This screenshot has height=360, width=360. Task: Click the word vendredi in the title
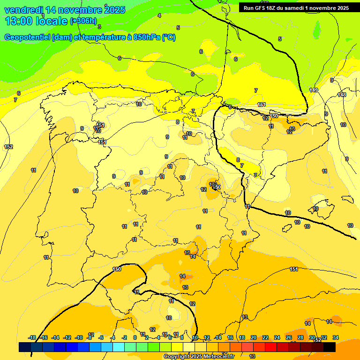[24, 10]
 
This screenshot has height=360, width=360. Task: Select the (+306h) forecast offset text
[83, 21]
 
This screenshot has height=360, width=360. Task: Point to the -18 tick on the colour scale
[32, 337]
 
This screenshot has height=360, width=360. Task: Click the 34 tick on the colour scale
[336, 337]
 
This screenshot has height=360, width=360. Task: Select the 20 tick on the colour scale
[254, 337]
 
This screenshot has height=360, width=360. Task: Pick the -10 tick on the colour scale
[79, 337]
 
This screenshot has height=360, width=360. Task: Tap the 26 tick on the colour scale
[289, 337]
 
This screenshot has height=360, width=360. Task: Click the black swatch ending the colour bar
[330, 347]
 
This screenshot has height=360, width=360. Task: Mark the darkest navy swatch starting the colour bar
[25, 347]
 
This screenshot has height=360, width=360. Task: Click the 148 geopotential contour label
[342, 95]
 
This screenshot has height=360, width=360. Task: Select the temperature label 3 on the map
[99, 27]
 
